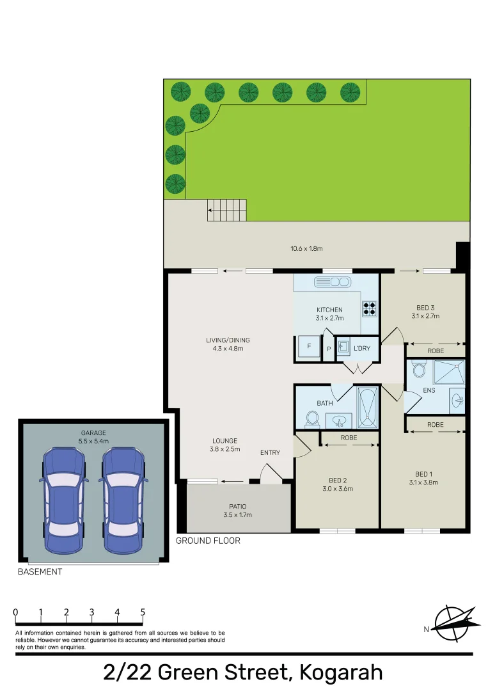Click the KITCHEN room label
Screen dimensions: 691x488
[x=329, y=310]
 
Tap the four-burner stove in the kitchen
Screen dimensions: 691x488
[x=370, y=308]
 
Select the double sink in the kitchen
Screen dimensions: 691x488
[x=332, y=282]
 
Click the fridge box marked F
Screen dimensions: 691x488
[x=309, y=347]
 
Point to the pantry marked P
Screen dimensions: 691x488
[x=329, y=349]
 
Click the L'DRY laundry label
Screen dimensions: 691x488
[x=361, y=349]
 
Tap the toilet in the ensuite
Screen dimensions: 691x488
[x=420, y=370]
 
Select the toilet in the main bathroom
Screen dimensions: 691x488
[x=312, y=418]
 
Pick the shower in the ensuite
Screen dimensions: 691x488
[x=448, y=372]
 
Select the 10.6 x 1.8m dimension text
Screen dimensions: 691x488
[x=306, y=248]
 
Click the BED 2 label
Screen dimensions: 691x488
[x=337, y=480]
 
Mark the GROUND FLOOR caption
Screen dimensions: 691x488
[x=208, y=541]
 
